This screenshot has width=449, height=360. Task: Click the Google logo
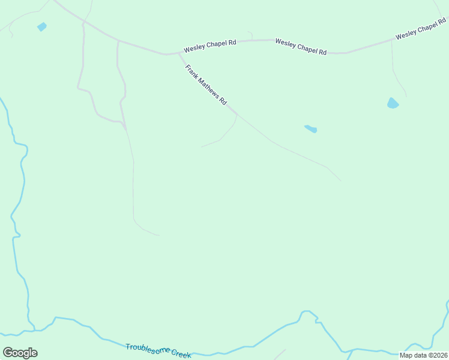point(20,353)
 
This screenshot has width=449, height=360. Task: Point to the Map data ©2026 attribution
point(423,355)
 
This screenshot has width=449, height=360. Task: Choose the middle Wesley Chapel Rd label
point(301,47)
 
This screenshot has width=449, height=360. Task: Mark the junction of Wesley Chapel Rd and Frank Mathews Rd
point(179,53)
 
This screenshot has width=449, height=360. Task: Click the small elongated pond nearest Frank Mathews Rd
point(310,128)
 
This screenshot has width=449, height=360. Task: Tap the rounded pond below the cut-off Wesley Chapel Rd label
point(393,103)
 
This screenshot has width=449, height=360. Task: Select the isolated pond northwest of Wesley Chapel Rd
point(41,26)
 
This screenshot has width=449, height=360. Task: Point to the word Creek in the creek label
point(181,353)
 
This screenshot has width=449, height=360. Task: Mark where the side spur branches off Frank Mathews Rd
point(237,114)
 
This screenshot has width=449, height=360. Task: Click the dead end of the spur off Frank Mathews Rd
point(202,146)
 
